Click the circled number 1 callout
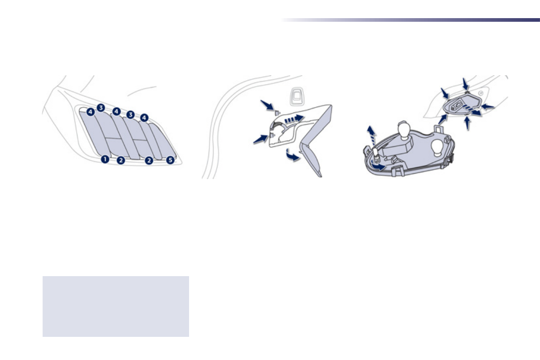coord(105,159)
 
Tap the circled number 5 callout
coord(170,160)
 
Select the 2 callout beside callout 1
coord(121,160)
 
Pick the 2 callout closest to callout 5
coord(149,160)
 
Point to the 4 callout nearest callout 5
coord(144,118)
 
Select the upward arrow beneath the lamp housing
coord(467,124)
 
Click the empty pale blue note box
coord(116,306)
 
